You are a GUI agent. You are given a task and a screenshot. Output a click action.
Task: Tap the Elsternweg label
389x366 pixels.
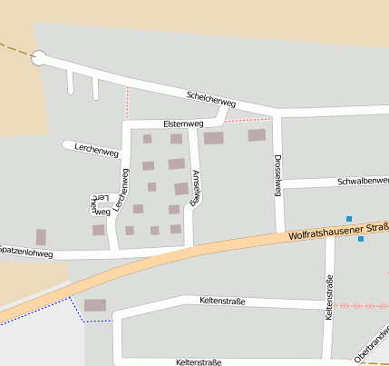click(184, 123)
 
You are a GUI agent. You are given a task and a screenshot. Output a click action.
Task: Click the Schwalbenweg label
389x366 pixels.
click(363, 181)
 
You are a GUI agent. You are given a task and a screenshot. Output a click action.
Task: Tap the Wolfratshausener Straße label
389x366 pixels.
click(338, 231)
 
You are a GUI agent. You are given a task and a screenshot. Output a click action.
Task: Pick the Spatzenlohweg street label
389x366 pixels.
click(26, 251)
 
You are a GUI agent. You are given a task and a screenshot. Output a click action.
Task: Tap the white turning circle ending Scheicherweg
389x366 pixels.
click(39, 58)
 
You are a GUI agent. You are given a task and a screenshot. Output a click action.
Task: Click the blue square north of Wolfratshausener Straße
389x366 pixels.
click(349, 218)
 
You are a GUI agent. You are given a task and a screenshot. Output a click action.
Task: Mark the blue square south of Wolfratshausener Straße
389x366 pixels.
click(361, 239)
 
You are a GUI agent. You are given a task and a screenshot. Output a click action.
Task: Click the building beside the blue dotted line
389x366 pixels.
click(95, 305)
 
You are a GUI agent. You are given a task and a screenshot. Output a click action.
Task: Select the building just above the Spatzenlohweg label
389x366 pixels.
click(40, 237)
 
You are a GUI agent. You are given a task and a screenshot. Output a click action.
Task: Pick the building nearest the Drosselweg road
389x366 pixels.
click(257, 135)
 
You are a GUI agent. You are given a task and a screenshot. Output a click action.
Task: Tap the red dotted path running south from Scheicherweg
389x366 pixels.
click(127, 103)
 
